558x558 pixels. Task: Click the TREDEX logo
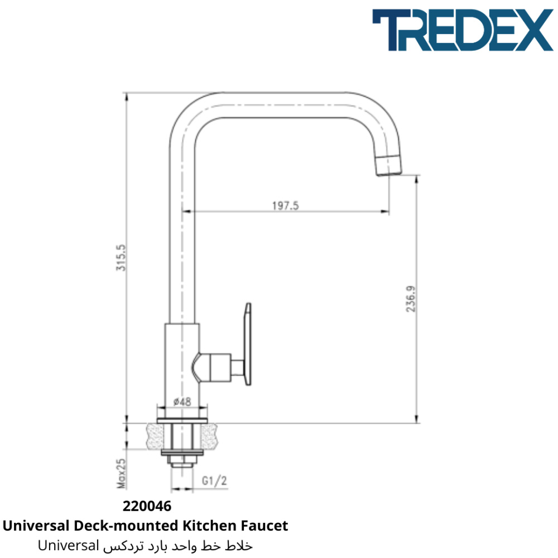(463, 30)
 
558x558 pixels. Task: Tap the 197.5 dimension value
(285, 206)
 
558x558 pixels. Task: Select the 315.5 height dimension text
(121, 258)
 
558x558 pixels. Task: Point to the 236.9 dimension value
(411, 299)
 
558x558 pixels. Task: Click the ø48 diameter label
(182, 402)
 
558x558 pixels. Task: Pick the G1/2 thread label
(214, 481)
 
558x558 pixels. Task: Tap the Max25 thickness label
(121, 473)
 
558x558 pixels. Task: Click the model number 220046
(147, 506)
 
